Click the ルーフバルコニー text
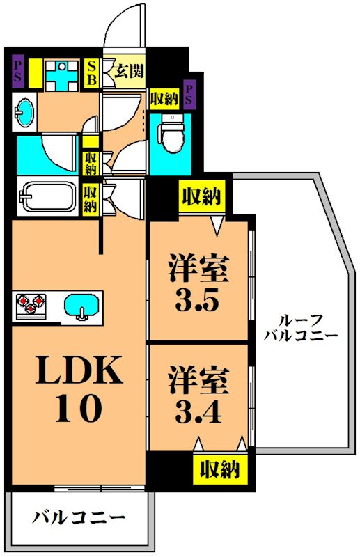coord(300,327)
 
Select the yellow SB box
coord(91,72)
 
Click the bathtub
coord(47,196)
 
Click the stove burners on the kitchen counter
coord(31,305)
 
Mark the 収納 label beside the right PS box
coord(164,98)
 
